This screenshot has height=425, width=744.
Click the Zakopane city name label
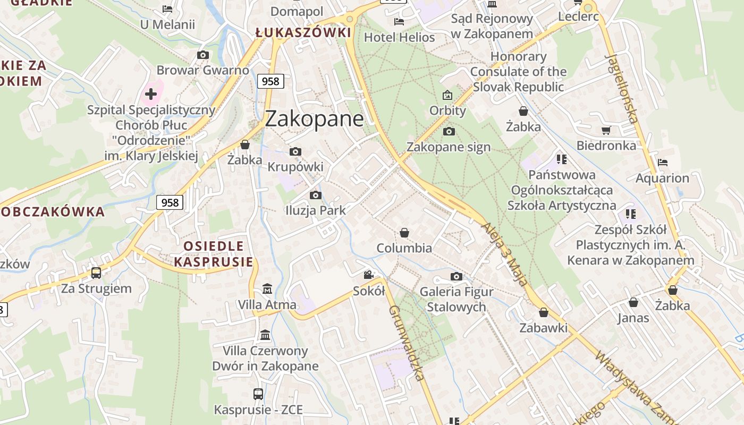click(314, 118)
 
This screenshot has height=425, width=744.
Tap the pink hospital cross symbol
click(151, 94)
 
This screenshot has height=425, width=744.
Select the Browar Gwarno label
click(202, 70)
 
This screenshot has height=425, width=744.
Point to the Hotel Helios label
click(399, 38)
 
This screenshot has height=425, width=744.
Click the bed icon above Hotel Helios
click(399, 22)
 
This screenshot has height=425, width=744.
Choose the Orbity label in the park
click(447, 110)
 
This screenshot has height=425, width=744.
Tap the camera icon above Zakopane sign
click(449, 131)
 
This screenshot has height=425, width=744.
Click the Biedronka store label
click(606, 145)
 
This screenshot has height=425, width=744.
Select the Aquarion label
click(662, 178)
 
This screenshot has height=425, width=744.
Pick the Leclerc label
click(578, 16)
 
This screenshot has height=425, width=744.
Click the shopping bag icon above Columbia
click(404, 233)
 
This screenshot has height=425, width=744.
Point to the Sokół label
click(369, 291)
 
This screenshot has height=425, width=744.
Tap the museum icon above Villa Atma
click(267, 289)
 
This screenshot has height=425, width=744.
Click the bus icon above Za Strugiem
click(96, 273)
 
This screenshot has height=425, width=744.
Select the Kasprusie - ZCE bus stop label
click(258, 410)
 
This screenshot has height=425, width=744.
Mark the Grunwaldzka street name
click(407, 343)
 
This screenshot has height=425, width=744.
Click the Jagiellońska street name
click(621, 88)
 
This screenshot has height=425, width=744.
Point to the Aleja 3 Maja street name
click(505, 254)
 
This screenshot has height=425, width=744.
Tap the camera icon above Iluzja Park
click(316, 195)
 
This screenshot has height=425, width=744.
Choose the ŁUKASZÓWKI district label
click(303, 33)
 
